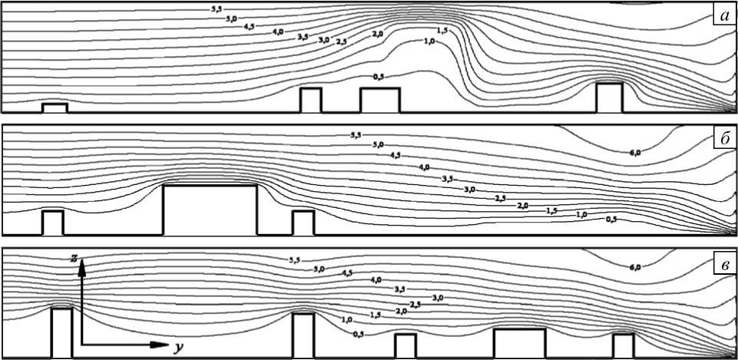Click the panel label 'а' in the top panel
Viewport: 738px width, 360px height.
724,17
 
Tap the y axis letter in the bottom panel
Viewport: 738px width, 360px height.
178,347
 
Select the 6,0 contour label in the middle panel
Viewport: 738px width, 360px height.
634,154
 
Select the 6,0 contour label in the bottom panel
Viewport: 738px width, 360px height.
634,267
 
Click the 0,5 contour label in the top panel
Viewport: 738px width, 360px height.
377,77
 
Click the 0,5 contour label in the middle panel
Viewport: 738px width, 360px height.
611,220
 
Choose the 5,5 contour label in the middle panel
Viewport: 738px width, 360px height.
355,136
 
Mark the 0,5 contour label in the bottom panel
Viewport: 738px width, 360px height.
359,333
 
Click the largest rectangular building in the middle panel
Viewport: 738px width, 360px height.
210,210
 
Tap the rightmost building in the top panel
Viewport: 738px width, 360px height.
609,97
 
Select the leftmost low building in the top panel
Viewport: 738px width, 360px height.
55,107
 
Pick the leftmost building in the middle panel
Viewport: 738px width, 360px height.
52,223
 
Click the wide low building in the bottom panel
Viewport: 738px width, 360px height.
519,343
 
